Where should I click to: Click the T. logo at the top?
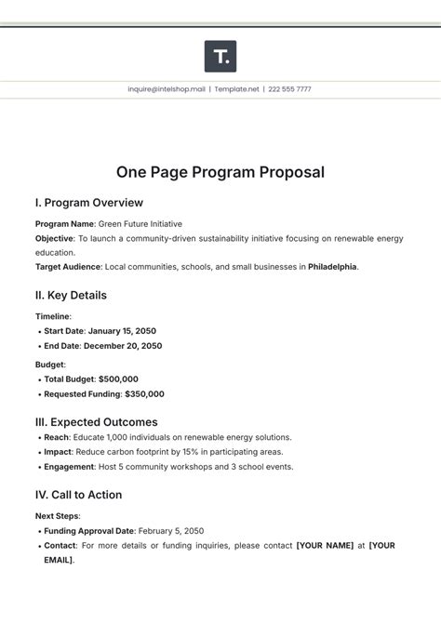click(220, 56)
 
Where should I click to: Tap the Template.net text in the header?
click(236, 89)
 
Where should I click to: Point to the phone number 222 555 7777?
click(289, 89)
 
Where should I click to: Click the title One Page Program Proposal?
click(220, 172)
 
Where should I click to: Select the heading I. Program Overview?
click(89, 203)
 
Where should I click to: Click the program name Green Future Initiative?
click(140, 224)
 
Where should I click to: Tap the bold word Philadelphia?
click(332, 267)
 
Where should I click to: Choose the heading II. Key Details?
click(71, 295)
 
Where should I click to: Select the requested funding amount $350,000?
click(139, 394)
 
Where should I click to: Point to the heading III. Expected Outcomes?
click(97, 422)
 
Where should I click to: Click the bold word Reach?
click(57, 437)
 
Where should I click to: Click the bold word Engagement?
click(69, 467)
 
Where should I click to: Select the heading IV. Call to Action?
click(79, 495)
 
